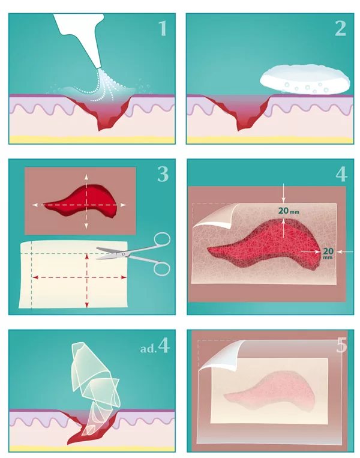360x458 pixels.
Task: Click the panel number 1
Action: (x=163, y=28)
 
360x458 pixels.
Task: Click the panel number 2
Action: (x=340, y=28)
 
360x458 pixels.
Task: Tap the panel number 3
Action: (x=163, y=174)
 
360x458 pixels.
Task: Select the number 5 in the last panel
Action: (x=341, y=345)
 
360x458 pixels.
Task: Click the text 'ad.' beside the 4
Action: (x=148, y=349)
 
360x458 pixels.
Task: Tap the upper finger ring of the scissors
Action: (x=161, y=240)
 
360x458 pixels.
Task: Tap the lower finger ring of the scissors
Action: (x=161, y=268)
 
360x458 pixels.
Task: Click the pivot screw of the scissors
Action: (x=124, y=255)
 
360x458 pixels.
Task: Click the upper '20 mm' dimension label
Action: (x=289, y=211)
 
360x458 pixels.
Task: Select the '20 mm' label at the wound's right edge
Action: (x=328, y=253)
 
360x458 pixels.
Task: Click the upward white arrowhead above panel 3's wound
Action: (x=86, y=176)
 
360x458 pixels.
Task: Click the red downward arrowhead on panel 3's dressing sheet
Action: (x=87, y=306)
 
